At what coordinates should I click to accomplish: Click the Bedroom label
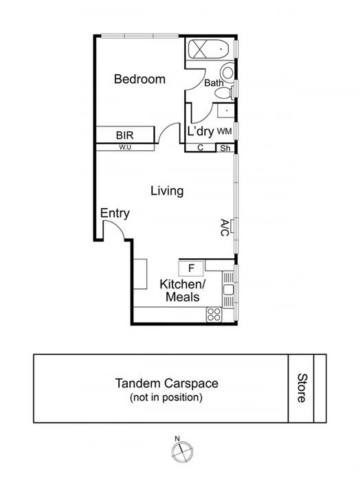139,79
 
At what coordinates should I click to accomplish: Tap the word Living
167,191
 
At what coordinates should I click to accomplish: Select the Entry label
115,214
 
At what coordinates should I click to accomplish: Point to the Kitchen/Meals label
182,290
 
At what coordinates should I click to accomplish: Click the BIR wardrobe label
124,135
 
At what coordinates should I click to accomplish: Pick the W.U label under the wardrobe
124,147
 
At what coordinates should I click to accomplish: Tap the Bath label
214,83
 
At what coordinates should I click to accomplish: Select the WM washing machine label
224,130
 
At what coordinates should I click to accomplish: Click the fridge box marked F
192,268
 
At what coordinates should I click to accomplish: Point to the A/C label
225,227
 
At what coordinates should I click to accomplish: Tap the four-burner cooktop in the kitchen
214,315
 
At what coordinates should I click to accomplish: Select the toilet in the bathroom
227,73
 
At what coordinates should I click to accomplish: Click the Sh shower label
225,148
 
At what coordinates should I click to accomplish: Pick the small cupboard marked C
201,148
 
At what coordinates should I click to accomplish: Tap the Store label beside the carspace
302,388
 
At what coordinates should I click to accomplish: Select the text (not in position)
166,398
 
